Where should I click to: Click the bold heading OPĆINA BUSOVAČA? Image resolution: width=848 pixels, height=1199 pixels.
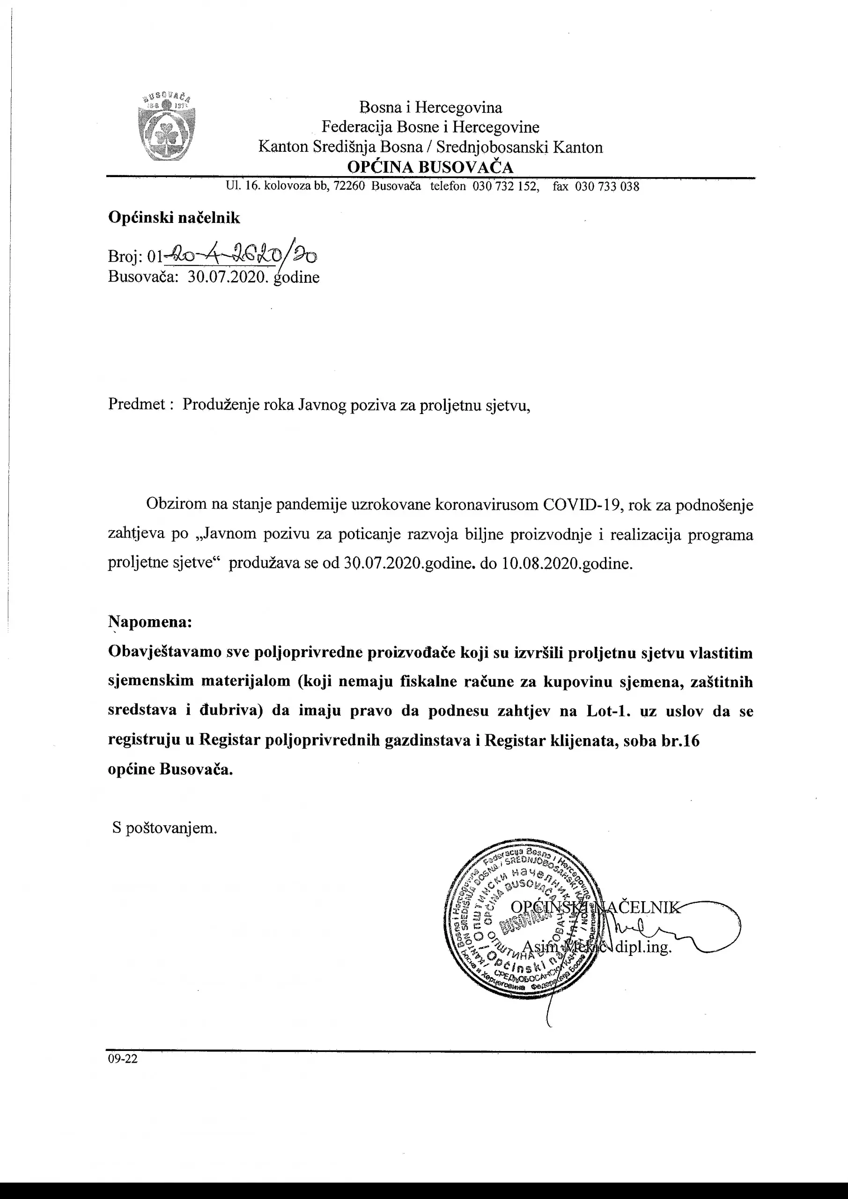(x=430, y=167)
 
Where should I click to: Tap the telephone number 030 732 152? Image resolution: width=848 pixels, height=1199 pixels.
(x=505, y=186)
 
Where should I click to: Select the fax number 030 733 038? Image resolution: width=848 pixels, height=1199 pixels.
(x=607, y=186)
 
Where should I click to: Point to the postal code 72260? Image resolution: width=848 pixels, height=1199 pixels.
(x=349, y=186)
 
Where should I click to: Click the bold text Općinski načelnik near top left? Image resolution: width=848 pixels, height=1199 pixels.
(x=174, y=218)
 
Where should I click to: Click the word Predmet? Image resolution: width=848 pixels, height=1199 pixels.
(x=137, y=404)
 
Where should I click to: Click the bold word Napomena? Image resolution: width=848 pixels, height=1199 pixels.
(x=150, y=622)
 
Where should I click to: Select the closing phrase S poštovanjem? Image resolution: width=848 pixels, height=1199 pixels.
(x=164, y=828)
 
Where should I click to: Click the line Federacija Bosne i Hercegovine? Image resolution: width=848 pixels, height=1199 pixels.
(x=430, y=127)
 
